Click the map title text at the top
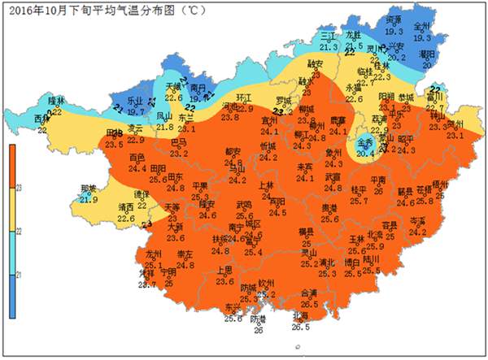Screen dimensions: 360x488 pyautogui.click(x=106, y=10)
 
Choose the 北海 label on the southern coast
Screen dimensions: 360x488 pyautogui.click(x=301, y=316)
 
